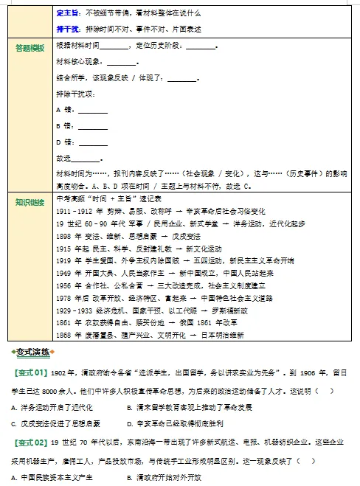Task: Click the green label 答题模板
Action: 30,48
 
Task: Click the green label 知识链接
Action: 30,201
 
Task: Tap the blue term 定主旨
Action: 67,13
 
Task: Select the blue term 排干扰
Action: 67,29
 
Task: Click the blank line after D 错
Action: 93,142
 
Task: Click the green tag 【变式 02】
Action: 31,442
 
